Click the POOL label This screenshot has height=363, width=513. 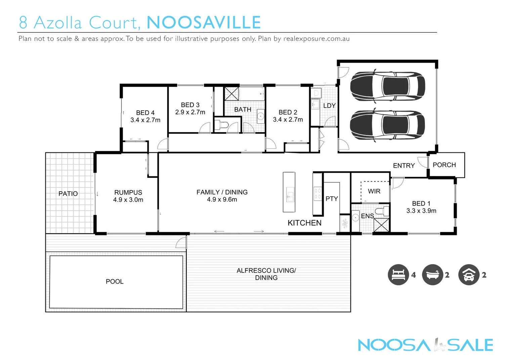[115, 281]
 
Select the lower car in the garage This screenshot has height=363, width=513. [387, 125]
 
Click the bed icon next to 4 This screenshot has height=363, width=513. [398, 275]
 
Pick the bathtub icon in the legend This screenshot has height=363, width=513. [432, 275]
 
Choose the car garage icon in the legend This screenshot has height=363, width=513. [469, 275]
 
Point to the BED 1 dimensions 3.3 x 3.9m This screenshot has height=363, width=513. [421, 211]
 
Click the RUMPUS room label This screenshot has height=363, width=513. [128, 192]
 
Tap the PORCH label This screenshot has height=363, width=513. [444, 165]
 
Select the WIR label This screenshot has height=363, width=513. [374, 191]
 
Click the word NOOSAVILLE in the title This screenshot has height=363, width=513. [204, 23]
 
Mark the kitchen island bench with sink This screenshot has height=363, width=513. [289, 192]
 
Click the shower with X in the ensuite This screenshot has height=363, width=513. [381, 225]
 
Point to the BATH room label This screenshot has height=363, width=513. [243, 110]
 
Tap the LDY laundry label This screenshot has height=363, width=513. [329, 106]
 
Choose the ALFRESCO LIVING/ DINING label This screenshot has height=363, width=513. [266, 274]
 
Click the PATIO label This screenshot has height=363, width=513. [68, 194]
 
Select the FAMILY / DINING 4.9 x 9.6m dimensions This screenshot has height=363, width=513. [222, 199]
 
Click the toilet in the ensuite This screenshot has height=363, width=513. [381, 211]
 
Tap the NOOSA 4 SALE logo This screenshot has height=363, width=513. [425, 345]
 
